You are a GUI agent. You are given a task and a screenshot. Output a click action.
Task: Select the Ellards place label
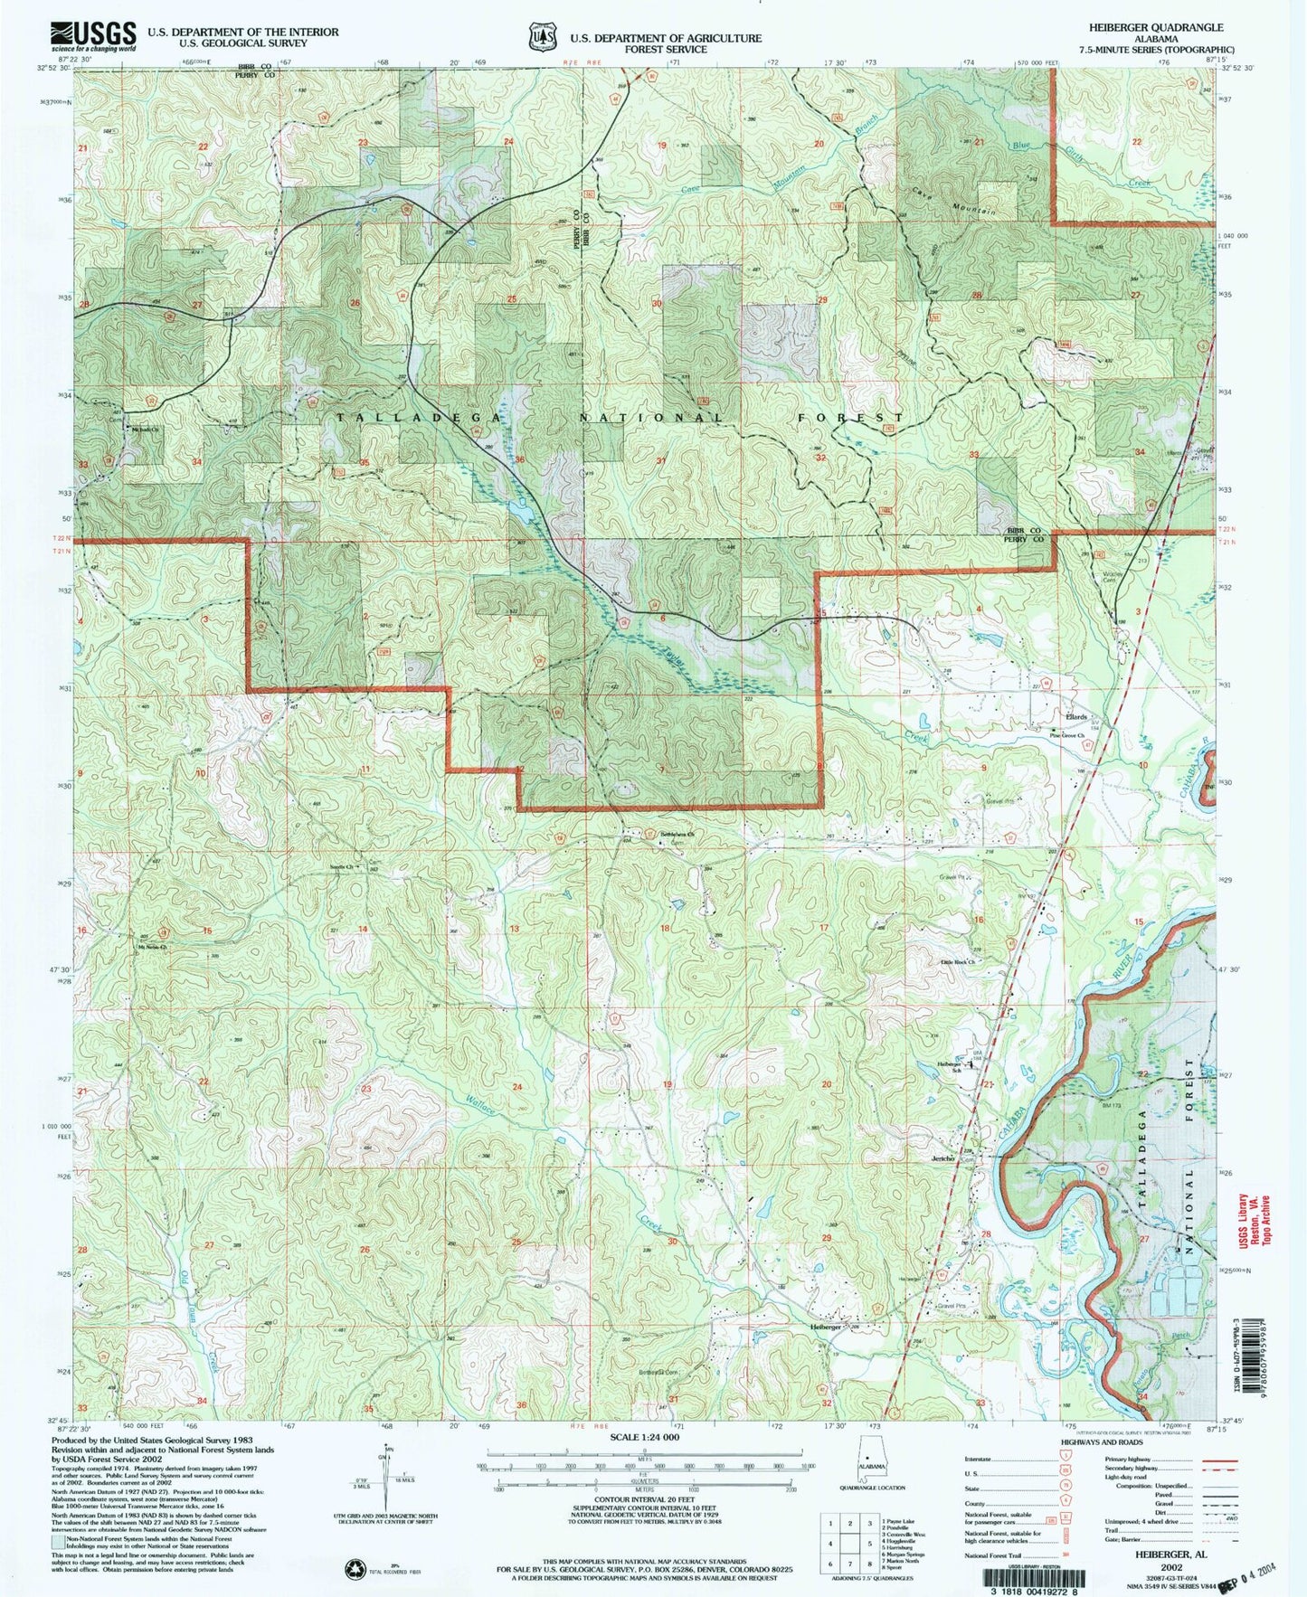pyautogui.click(x=1075, y=716)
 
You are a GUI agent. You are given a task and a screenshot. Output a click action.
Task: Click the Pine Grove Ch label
pyautogui.click(x=1066, y=736)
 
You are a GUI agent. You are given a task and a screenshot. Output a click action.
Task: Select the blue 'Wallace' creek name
pyautogui.click(x=480, y=1104)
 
